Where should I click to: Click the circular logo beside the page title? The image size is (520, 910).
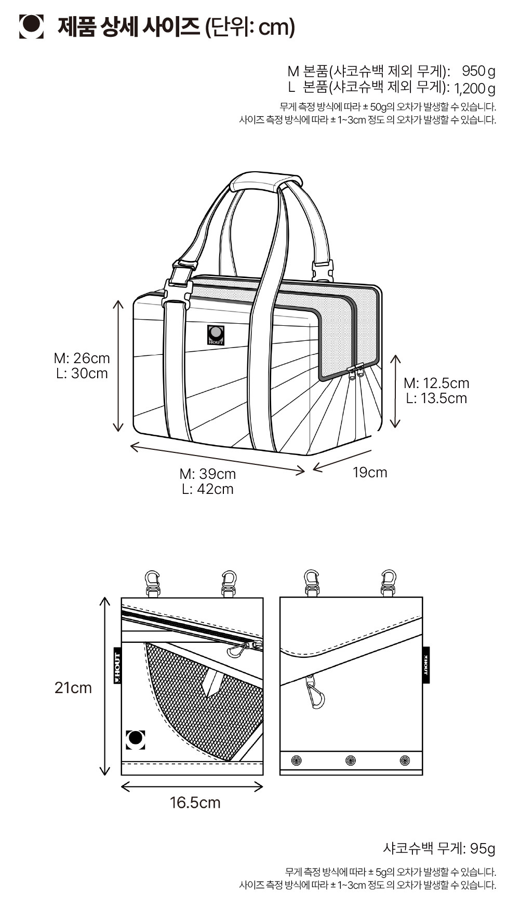click(x=31, y=26)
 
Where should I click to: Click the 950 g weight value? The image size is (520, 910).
click(x=478, y=71)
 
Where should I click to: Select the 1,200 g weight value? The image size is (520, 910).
click(x=474, y=88)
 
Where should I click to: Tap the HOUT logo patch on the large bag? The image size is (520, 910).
click(x=216, y=335)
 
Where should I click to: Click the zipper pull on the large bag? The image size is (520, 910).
click(x=355, y=371)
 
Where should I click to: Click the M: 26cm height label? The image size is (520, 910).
click(x=82, y=358)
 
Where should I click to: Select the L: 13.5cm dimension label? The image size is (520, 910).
click(x=436, y=398)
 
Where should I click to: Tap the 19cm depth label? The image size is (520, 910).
click(x=370, y=473)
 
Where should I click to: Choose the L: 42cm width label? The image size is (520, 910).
click(x=208, y=489)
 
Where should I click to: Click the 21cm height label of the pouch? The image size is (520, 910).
click(x=73, y=688)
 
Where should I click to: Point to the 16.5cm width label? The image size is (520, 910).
click(x=195, y=803)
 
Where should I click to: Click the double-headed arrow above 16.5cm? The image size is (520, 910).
click(x=192, y=787)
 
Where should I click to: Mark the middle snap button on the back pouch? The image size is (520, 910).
click(x=351, y=761)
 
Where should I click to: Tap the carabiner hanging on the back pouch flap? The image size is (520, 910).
click(x=315, y=693)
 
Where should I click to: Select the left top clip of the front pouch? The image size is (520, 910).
click(x=153, y=584)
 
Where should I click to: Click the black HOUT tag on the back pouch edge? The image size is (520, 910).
click(x=426, y=665)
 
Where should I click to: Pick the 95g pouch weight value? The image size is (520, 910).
click(x=483, y=849)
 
